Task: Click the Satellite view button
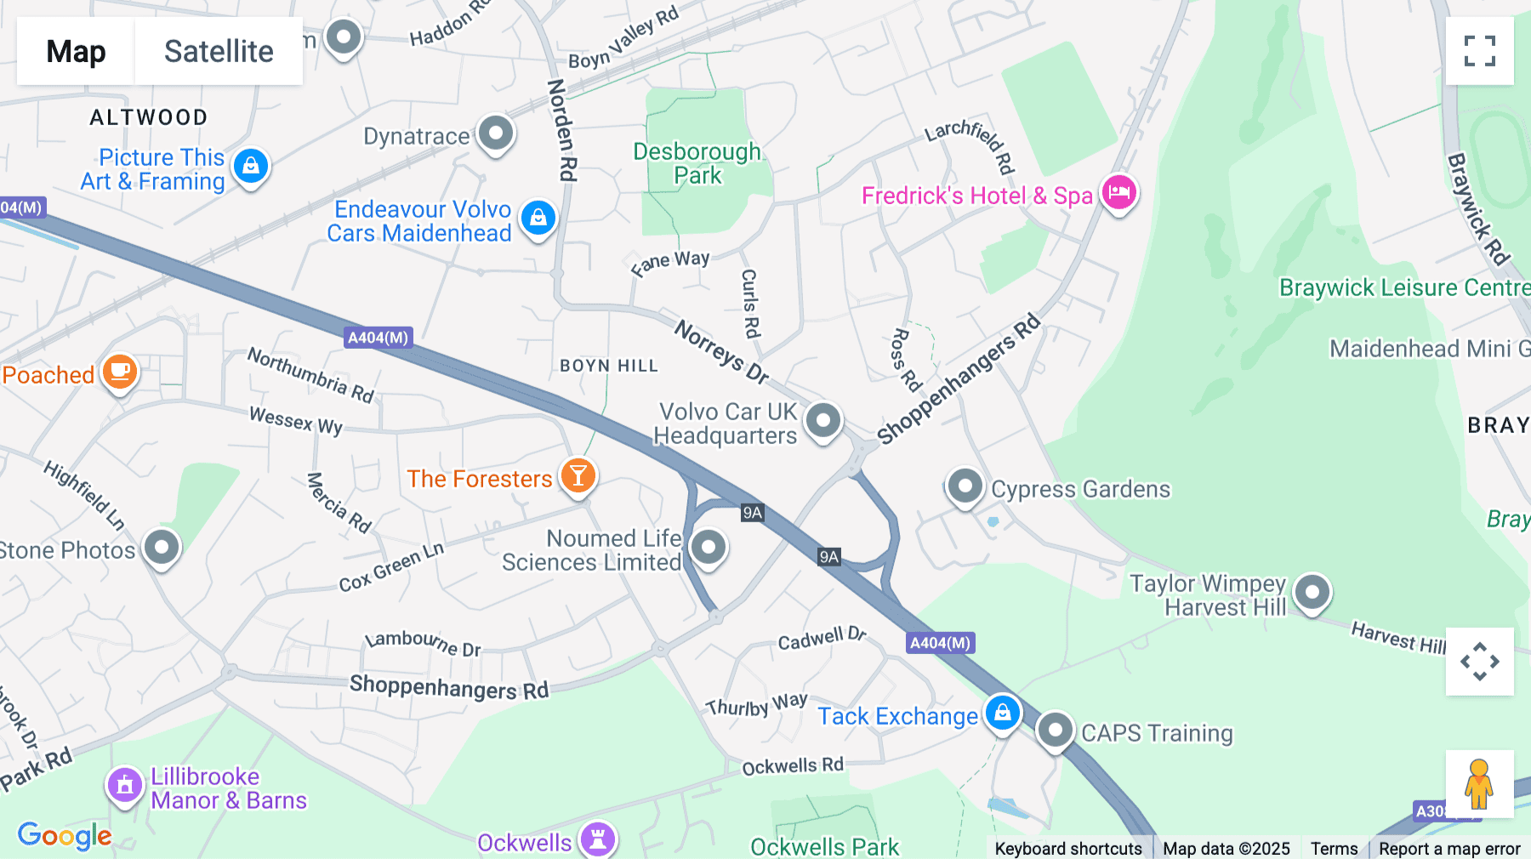coord(219,51)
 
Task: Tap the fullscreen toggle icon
coord(1479,51)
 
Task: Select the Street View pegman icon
coord(1479,783)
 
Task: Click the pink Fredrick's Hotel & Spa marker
coord(1118,192)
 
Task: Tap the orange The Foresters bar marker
coord(578,476)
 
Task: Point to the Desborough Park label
coord(697,163)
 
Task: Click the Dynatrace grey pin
coord(496,134)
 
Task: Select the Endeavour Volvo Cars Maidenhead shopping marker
coord(538,219)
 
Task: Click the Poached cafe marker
coord(120,373)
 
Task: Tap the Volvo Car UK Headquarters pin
coord(822,420)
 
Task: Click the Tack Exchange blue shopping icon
coord(1002,713)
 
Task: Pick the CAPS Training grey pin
coord(1056,730)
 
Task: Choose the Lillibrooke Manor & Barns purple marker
coord(125,785)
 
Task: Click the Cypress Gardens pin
coord(965,486)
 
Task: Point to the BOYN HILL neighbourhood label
coord(609,366)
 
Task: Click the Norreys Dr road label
coord(721,351)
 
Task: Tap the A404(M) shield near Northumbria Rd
coord(378,338)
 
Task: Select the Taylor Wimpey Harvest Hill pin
coord(1312,591)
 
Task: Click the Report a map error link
coord(1449,848)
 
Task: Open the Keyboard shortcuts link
coord(1068,848)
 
